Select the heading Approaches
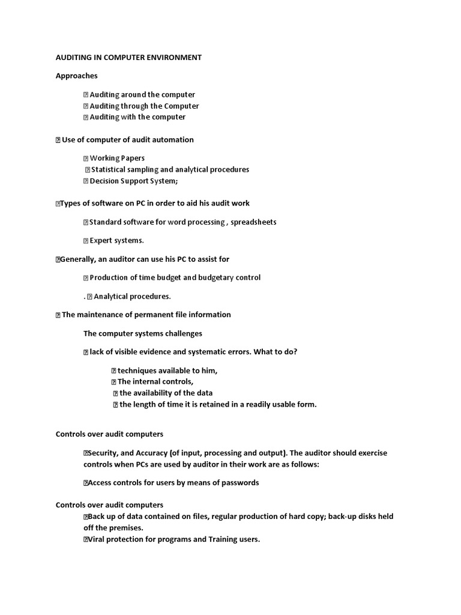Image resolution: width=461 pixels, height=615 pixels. click(x=76, y=76)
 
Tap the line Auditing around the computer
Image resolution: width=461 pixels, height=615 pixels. click(x=142, y=94)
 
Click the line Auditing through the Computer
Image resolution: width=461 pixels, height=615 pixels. click(x=144, y=106)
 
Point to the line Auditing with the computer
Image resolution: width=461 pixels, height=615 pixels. click(x=137, y=117)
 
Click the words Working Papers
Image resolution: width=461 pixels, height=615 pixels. click(x=117, y=158)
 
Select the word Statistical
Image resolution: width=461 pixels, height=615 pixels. click(x=110, y=169)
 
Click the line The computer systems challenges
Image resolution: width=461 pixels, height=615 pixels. click(x=143, y=333)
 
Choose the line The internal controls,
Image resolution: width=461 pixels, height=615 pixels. click(x=155, y=381)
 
